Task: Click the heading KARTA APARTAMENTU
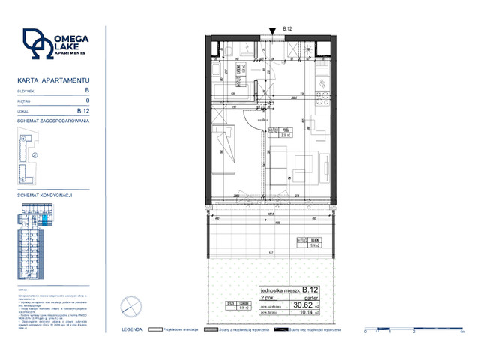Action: [53, 79]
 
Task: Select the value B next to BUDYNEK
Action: [87, 89]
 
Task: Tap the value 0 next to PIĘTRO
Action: [88, 100]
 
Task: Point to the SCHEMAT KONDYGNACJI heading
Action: [43, 194]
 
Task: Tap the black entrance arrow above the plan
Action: [271, 31]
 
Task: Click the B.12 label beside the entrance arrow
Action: [286, 29]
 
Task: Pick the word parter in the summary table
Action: [312, 296]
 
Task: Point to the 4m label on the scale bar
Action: [463, 330]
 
